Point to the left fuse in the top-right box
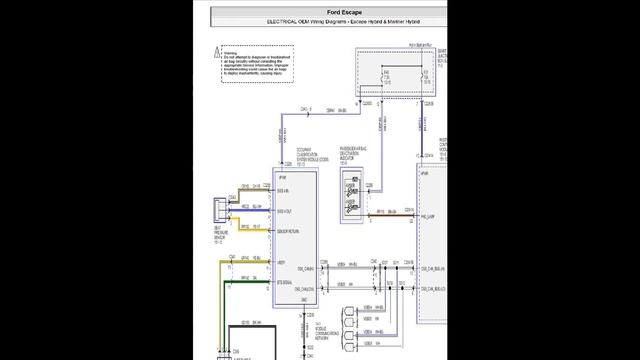pos(386,75)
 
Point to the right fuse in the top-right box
pos(425,75)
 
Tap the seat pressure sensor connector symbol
pos(220,211)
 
